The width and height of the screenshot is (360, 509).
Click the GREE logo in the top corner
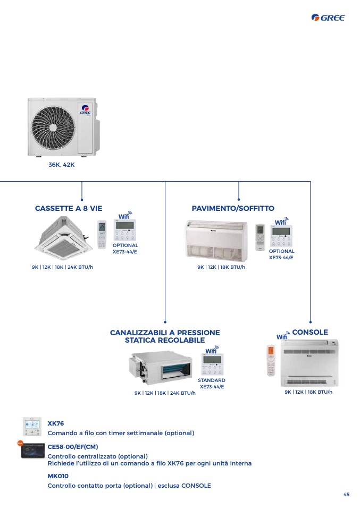(328, 18)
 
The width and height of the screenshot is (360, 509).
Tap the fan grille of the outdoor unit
(53, 126)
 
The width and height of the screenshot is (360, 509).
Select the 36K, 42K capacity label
(61, 165)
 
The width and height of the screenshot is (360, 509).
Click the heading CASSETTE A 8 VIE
(69, 208)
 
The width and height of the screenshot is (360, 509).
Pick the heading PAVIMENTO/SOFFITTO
(233, 208)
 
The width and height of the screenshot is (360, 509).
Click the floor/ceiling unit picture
(216, 241)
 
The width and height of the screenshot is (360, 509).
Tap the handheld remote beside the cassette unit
(102, 235)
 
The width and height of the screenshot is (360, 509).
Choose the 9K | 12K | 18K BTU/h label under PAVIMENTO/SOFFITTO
(221, 267)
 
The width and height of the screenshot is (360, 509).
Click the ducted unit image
(161, 367)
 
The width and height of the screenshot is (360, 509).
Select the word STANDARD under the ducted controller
(212, 380)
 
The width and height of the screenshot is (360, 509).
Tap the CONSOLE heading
(310, 332)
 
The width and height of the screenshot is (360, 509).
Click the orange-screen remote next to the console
(271, 360)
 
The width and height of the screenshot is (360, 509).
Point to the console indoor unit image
(309, 363)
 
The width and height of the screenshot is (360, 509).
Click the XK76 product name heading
(55, 423)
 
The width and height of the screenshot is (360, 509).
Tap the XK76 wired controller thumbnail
(32, 427)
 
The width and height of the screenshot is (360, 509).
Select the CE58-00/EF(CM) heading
(73, 447)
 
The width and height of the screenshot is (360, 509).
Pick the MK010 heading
(58, 476)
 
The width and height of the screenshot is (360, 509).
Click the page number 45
(346, 495)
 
